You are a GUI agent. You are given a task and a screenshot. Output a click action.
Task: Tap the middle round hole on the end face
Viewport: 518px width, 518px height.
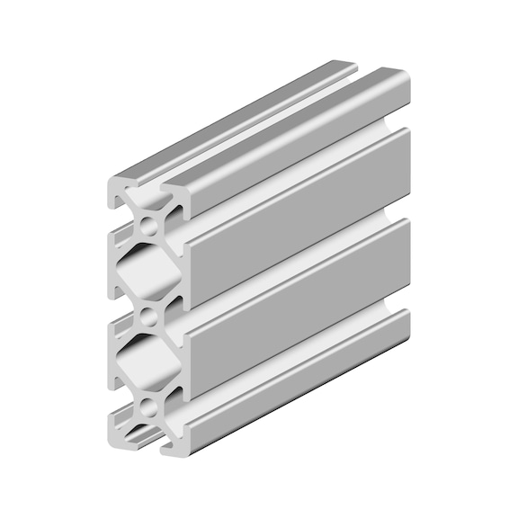click(149, 317)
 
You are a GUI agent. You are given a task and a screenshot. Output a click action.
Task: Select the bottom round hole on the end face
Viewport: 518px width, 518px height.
click(149, 408)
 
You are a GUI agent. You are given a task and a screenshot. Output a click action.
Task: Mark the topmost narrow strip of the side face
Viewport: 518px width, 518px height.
click(297, 144)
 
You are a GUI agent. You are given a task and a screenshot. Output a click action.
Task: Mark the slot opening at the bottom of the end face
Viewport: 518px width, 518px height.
click(149, 438)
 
